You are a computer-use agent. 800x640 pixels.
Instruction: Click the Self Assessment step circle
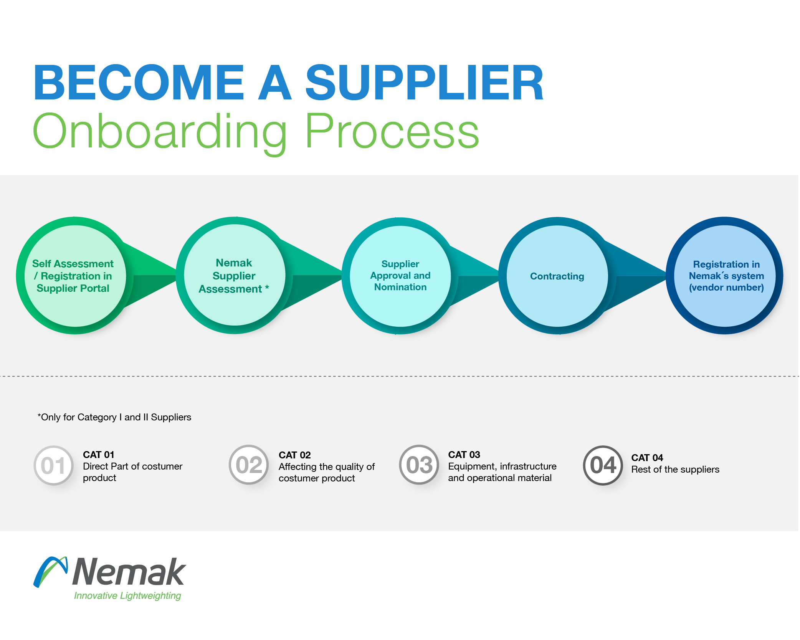(x=75, y=276)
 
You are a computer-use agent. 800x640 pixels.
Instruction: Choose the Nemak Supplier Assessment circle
(x=235, y=276)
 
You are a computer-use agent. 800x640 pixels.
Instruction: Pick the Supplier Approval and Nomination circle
(x=400, y=276)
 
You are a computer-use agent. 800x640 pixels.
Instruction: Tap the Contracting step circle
(x=557, y=276)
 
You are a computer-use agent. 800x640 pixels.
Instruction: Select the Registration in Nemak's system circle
(x=725, y=276)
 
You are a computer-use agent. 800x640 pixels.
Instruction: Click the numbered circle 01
(x=53, y=465)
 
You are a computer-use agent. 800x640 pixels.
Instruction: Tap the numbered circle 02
(x=249, y=465)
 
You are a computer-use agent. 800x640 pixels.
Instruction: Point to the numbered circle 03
(x=419, y=465)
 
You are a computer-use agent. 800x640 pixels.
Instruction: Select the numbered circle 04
(x=603, y=465)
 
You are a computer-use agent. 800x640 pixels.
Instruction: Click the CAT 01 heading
(x=99, y=455)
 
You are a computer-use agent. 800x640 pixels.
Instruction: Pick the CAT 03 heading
(x=464, y=455)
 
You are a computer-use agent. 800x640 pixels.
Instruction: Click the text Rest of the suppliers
(x=675, y=470)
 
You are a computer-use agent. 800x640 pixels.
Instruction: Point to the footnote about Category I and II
(x=114, y=417)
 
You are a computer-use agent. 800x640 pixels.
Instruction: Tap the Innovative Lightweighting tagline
(x=127, y=596)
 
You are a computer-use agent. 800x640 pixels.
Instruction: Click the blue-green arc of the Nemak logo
(x=50, y=571)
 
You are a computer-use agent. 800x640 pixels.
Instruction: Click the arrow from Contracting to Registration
(x=637, y=276)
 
